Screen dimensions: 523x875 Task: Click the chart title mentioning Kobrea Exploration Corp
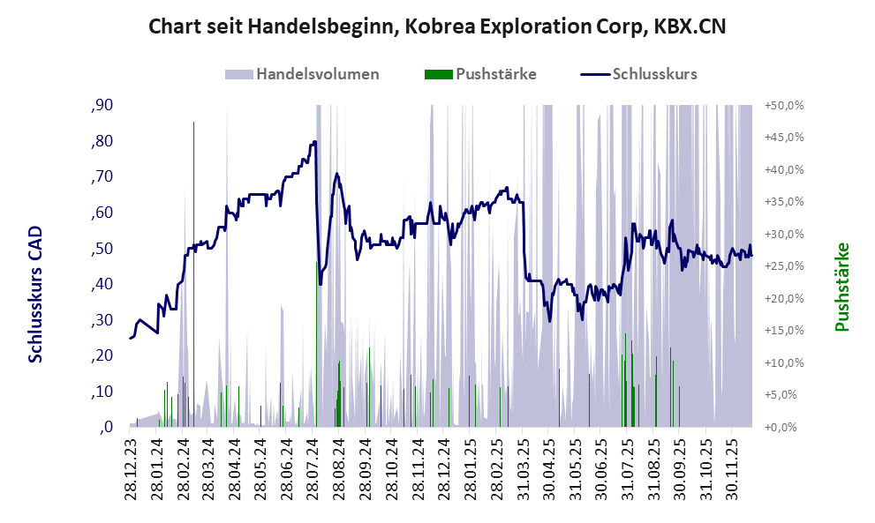point(437,26)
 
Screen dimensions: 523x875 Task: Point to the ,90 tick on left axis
point(102,106)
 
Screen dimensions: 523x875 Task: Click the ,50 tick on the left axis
point(102,249)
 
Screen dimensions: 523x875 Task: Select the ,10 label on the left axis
point(102,392)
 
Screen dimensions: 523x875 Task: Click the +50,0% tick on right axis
point(783,106)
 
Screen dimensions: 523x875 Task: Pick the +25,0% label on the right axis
point(783,266)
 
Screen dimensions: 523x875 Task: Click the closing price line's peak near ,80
point(313,142)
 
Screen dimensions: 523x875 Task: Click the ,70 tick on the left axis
point(102,177)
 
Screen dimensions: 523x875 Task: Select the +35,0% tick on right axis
point(783,202)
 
